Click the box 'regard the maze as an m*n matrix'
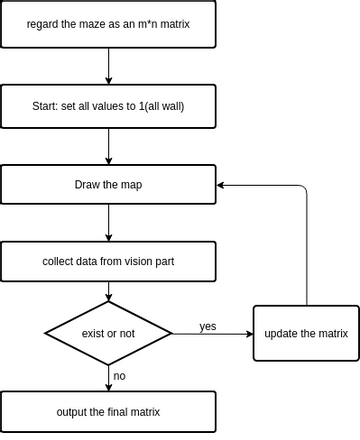point(108,24)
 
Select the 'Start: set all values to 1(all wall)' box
point(108,105)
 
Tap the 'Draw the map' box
point(108,185)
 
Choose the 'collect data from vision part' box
point(108,261)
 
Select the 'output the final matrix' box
point(108,412)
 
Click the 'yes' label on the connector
point(208,326)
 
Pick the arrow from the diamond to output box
point(108,376)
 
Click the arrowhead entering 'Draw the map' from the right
point(222,185)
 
